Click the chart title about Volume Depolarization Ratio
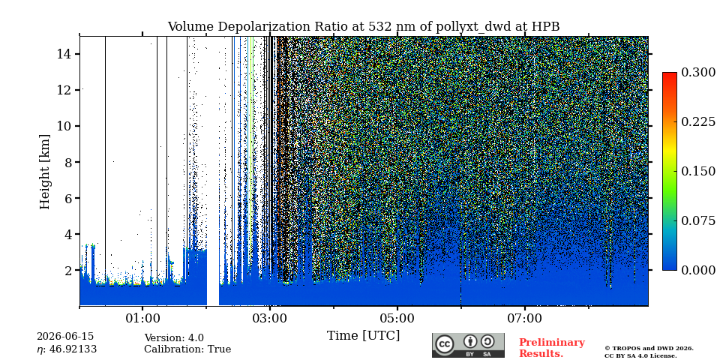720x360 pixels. (363, 27)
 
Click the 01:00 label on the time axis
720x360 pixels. (142, 318)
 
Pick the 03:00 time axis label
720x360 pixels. (270, 318)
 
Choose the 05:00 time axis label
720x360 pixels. (397, 318)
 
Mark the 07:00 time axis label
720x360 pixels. (524, 318)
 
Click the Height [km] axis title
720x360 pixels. (44, 172)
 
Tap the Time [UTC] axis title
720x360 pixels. (363, 336)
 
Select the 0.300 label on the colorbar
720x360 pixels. (698, 73)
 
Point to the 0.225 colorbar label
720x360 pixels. (698, 121)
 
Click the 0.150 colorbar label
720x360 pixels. (698, 171)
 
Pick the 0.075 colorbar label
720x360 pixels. (698, 220)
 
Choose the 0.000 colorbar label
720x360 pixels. (698, 270)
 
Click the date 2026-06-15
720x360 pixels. (65, 337)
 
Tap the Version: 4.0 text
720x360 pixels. (174, 338)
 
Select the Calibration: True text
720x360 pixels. (187, 349)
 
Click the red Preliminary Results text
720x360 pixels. (552, 348)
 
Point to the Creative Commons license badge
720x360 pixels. (468, 345)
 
